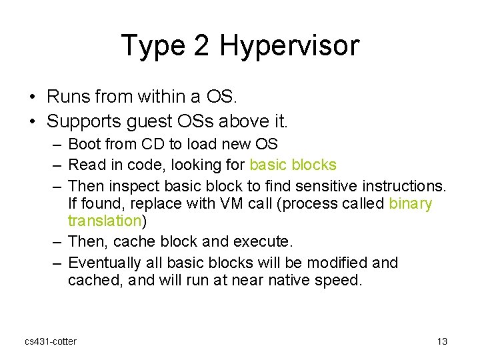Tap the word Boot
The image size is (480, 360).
coord(85,144)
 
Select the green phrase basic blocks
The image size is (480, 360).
coord(293,164)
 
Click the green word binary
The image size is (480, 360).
coord(410,203)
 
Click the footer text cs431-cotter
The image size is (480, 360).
coord(51,341)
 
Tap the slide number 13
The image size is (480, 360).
coord(442,341)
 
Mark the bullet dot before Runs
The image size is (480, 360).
coord(33,97)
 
